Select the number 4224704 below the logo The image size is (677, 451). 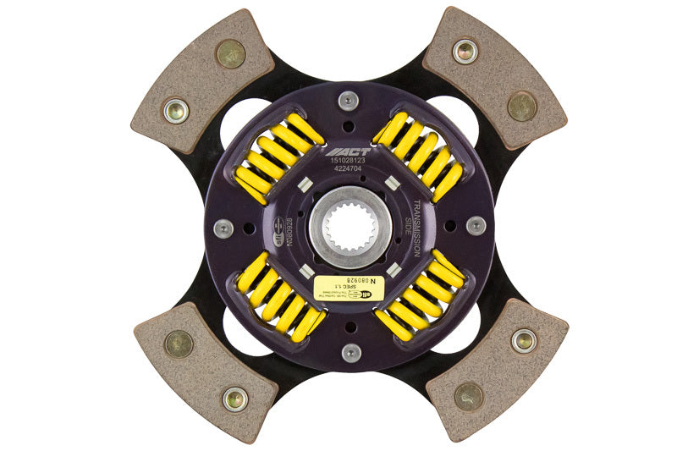point(349,178)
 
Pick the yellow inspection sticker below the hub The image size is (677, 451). point(347,285)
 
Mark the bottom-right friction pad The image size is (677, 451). point(497,369)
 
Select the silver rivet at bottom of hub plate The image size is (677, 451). point(350,352)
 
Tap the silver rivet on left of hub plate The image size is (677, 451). point(224,228)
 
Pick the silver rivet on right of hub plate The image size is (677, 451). point(476,226)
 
